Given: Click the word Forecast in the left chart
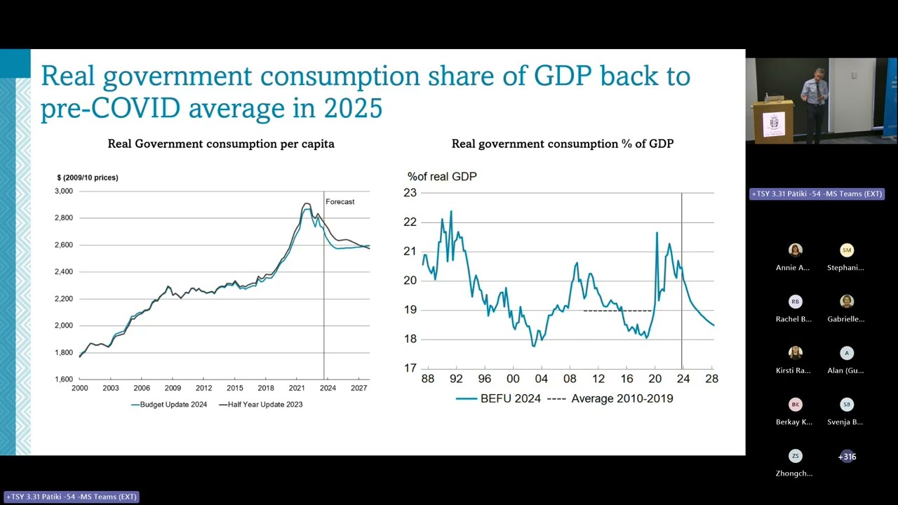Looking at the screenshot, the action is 340,201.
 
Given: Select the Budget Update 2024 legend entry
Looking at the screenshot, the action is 169,405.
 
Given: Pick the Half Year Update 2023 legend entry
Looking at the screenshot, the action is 260,405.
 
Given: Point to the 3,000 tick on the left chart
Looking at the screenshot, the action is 64,191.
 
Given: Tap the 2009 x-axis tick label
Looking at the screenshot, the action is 173,388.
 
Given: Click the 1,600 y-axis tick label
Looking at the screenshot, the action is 64,379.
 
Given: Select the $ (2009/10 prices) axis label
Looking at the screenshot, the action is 88,177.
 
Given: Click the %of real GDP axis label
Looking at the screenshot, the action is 442,176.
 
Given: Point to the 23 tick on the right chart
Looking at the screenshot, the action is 410,193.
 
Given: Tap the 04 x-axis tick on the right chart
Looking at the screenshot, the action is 541,379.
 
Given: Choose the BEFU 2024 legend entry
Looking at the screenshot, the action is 498,399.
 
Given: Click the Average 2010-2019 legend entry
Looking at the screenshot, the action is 610,399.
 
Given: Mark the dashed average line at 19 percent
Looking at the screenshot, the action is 617,311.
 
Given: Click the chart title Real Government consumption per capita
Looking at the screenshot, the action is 221,144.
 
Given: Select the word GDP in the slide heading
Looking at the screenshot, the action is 563,76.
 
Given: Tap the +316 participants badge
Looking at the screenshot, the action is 847,457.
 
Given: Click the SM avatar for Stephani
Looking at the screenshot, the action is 847,250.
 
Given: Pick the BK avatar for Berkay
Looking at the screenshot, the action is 796,405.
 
